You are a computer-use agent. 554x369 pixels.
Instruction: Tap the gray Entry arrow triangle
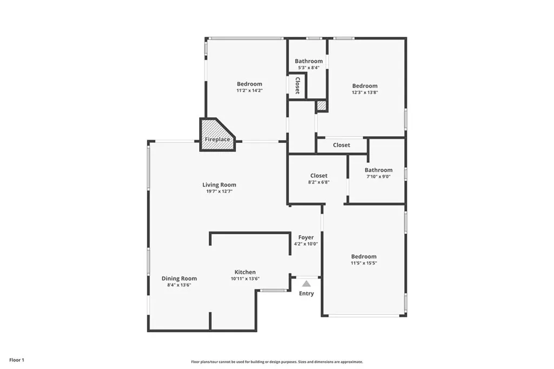click(306, 283)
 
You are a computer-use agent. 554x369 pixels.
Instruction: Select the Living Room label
click(219, 185)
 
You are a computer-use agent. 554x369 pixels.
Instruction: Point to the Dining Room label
click(179, 279)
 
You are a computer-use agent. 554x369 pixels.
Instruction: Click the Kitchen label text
click(245, 272)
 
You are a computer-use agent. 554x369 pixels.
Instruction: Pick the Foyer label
click(306, 238)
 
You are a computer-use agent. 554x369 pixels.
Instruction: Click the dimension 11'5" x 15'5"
click(364, 263)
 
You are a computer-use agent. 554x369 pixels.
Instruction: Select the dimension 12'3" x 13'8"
click(365, 93)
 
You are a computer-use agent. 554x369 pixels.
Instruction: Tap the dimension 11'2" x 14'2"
click(249, 90)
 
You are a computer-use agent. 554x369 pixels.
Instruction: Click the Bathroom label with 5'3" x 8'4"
click(308, 61)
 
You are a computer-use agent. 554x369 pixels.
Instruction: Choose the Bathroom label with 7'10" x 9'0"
click(378, 170)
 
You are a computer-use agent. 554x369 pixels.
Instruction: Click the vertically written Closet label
click(297, 85)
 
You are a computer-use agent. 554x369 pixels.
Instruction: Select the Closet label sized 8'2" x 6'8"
click(319, 176)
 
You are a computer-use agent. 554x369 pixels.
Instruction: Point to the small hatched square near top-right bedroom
click(321, 106)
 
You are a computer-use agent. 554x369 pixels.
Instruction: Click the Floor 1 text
click(17, 360)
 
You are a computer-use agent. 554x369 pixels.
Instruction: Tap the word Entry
click(306, 294)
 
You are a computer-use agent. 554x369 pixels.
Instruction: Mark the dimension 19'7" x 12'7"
click(219, 192)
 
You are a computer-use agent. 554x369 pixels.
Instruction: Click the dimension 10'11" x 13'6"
click(245, 279)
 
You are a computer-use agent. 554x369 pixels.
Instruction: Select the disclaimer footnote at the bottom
click(276, 362)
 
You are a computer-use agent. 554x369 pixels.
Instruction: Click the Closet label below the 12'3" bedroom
click(341, 145)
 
